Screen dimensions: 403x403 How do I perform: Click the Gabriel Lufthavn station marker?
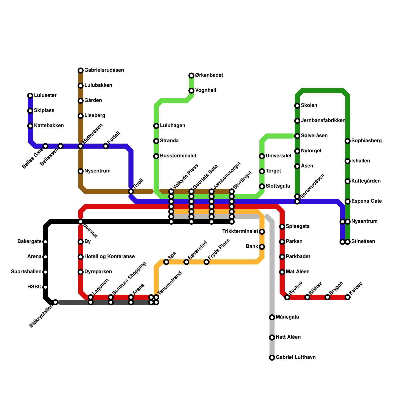pos(272,358)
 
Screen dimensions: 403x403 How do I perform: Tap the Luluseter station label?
pos(45,95)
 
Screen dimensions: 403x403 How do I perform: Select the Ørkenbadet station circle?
pos(191,76)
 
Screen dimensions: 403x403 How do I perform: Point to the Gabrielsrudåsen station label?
pos(104,70)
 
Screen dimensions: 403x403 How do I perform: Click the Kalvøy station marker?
pos(348,297)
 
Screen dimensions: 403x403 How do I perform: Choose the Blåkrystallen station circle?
pos(56,302)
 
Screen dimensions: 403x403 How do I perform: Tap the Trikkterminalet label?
pos(240,231)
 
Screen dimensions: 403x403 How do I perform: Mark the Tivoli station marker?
pos(131,191)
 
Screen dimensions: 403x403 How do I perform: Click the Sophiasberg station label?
pos(366,141)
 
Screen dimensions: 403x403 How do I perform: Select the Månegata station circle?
pos(272,317)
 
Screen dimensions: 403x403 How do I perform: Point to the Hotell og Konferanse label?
pos(110,256)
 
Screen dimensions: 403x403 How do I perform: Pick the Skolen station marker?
pos(297,106)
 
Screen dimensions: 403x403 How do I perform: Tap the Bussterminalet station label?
pos(178,156)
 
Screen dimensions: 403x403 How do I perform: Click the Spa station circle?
pos(166,262)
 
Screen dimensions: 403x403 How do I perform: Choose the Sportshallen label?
pos(26,272)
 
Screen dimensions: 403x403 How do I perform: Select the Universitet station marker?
pos(262,156)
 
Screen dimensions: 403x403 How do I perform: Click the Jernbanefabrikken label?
pos(323,120)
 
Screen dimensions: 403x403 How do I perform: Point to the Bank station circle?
pos(262,247)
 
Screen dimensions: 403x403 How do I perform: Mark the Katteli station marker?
pos(106,146)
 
